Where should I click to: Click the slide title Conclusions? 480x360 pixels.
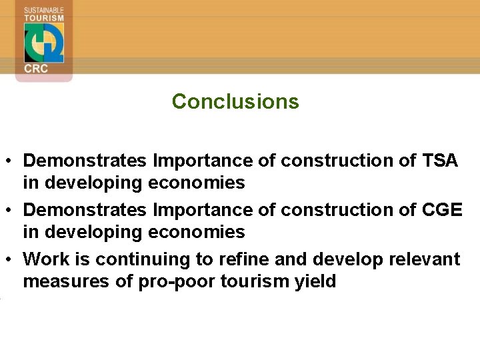point(235,101)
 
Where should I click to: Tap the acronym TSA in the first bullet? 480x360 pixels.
point(439,161)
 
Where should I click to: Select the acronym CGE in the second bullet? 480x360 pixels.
point(442,210)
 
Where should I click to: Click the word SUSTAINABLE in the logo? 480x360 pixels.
point(44,10)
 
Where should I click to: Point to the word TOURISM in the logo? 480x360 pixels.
point(44,18)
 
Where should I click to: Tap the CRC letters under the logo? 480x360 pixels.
point(36,69)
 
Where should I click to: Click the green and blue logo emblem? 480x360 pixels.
point(44,43)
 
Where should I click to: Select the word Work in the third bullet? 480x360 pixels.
point(44,259)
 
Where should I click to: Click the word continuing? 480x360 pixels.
point(129,259)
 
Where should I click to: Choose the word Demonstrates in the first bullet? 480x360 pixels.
point(85,161)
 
